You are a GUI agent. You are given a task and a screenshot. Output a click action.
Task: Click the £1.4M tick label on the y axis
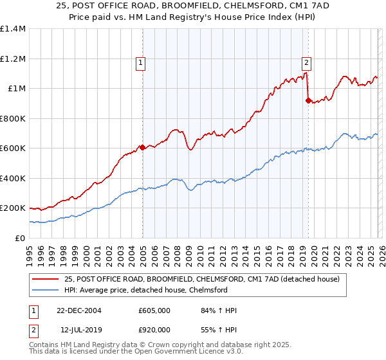(13, 29)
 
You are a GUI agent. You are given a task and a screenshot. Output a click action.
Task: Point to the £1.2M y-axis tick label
(13, 59)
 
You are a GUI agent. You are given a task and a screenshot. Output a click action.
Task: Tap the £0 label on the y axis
(20, 238)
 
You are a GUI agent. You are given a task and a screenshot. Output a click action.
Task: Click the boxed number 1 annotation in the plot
(140, 63)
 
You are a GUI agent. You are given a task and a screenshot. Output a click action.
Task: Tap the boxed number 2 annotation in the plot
(306, 63)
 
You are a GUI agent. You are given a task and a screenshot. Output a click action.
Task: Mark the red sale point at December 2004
(142, 147)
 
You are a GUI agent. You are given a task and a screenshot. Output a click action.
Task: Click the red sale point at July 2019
(308, 100)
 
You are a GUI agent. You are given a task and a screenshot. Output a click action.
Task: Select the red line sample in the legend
(45, 279)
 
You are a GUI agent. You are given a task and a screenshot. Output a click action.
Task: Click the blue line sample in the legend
(45, 290)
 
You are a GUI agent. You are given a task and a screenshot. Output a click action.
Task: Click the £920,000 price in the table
(154, 330)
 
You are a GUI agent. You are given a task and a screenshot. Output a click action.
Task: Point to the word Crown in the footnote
(170, 345)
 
